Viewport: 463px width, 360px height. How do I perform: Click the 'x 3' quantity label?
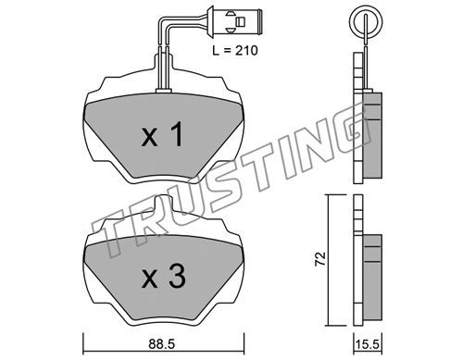[164, 277]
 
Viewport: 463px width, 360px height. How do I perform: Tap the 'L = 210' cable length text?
[235, 50]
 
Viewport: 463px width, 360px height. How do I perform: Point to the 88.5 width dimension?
[161, 344]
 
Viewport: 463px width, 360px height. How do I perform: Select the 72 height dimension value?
[320, 258]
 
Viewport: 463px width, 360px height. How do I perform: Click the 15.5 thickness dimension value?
[368, 344]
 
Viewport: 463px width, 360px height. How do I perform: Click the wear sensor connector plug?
[235, 21]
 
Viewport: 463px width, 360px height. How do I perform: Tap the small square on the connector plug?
[241, 21]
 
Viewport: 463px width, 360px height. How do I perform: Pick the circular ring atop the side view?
[366, 21]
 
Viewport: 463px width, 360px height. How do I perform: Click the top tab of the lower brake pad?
[166, 204]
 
